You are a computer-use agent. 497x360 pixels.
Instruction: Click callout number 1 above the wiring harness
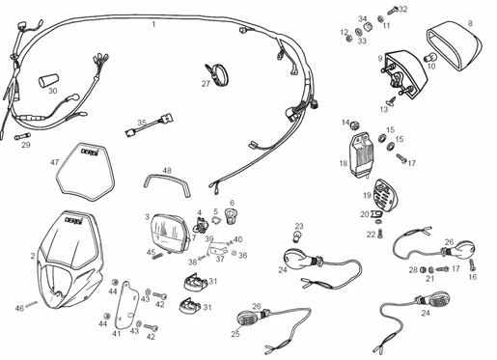click(x=152, y=23)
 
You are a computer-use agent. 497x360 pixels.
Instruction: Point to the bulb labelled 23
click(x=299, y=238)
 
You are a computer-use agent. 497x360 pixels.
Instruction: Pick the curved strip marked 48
click(x=164, y=180)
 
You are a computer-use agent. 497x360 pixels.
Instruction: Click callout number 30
click(x=53, y=92)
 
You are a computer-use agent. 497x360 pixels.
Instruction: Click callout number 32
click(x=402, y=10)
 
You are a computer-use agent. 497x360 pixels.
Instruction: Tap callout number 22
click(x=371, y=235)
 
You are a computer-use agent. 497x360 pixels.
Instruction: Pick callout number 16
click(x=473, y=277)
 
